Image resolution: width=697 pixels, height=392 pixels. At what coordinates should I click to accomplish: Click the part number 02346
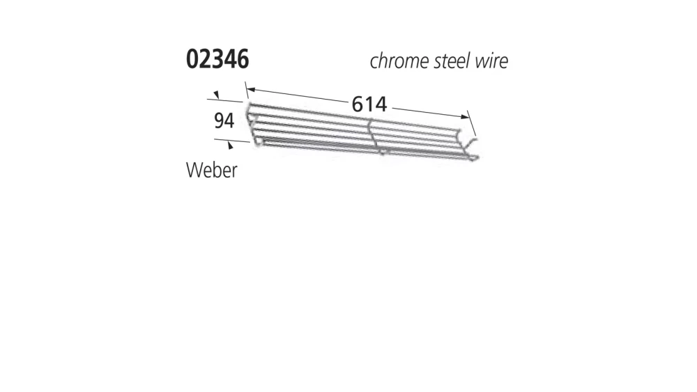click(217, 61)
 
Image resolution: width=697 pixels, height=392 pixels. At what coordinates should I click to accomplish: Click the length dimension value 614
click(369, 104)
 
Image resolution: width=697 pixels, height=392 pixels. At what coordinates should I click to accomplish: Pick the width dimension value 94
click(223, 121)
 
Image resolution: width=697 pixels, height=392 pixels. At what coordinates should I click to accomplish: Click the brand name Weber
click(212, 170)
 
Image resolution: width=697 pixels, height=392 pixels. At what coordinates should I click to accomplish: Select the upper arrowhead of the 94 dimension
click(217, 95)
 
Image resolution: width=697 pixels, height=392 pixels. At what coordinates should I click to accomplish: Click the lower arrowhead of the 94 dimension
click(230, 146)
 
